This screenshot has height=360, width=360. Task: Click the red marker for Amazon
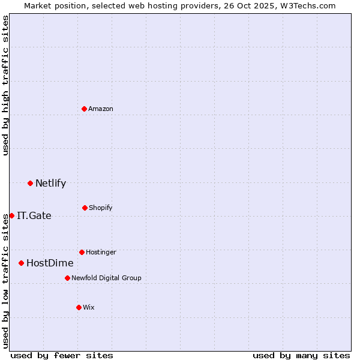[x=85, y=109]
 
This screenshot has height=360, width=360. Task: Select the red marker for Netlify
[x=30, y=183]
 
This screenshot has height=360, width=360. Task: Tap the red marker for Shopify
[x=85, y=208]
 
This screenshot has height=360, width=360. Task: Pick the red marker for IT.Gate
[x=11, y=215]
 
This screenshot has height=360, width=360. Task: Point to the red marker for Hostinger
[x=82, y=252]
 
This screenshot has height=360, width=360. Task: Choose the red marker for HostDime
[x=21, y=263]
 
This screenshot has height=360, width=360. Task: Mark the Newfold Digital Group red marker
[x=67, y=278]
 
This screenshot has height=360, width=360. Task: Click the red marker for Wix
[x=79, y=307]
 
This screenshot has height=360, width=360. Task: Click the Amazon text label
[x=101, y=109]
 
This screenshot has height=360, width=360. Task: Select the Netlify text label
[x=50, y=183]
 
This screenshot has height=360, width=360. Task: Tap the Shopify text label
[x=101, y=208]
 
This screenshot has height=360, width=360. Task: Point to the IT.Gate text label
[x=34, y=215]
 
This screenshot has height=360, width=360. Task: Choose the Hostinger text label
[x=101, y=252]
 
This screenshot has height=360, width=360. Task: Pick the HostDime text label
[x=50, y=263]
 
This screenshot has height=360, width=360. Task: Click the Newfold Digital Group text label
[x=106, y=278]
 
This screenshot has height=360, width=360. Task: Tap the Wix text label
[x=89, y=307]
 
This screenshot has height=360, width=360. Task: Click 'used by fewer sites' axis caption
[x=62, y=355]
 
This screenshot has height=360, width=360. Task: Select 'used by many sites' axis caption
[x=301, y=355]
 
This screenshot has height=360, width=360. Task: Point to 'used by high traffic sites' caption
[x=5, y=85]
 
